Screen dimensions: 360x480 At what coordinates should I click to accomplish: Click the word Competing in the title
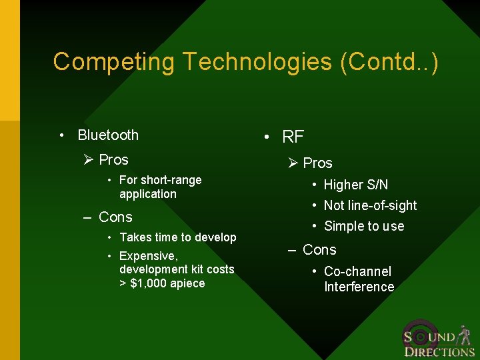(114, 62)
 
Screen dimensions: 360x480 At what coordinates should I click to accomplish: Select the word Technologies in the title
(257, 62)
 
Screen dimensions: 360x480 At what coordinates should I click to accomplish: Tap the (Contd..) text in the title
(389, 62)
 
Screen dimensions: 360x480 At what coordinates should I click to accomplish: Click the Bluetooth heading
(108, 135)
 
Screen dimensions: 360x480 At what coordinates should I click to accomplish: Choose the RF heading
(293, 137)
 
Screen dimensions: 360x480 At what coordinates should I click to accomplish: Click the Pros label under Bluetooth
(113, 160)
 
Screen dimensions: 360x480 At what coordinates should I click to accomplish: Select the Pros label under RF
(317, 163)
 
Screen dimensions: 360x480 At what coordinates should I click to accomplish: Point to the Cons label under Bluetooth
(115, 217)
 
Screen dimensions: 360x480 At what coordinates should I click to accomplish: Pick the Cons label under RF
(319, 250)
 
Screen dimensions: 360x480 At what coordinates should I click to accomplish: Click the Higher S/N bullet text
(355, 185)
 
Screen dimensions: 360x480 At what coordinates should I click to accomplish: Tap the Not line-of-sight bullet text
(370, 205)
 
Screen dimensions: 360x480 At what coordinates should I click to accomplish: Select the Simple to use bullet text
(364, 226)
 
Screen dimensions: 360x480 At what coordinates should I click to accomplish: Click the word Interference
(359, 287)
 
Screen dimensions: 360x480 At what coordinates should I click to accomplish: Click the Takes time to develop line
(177, 237)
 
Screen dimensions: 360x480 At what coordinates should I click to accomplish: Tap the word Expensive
(148, 256)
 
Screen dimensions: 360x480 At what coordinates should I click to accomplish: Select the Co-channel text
(357, 271)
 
